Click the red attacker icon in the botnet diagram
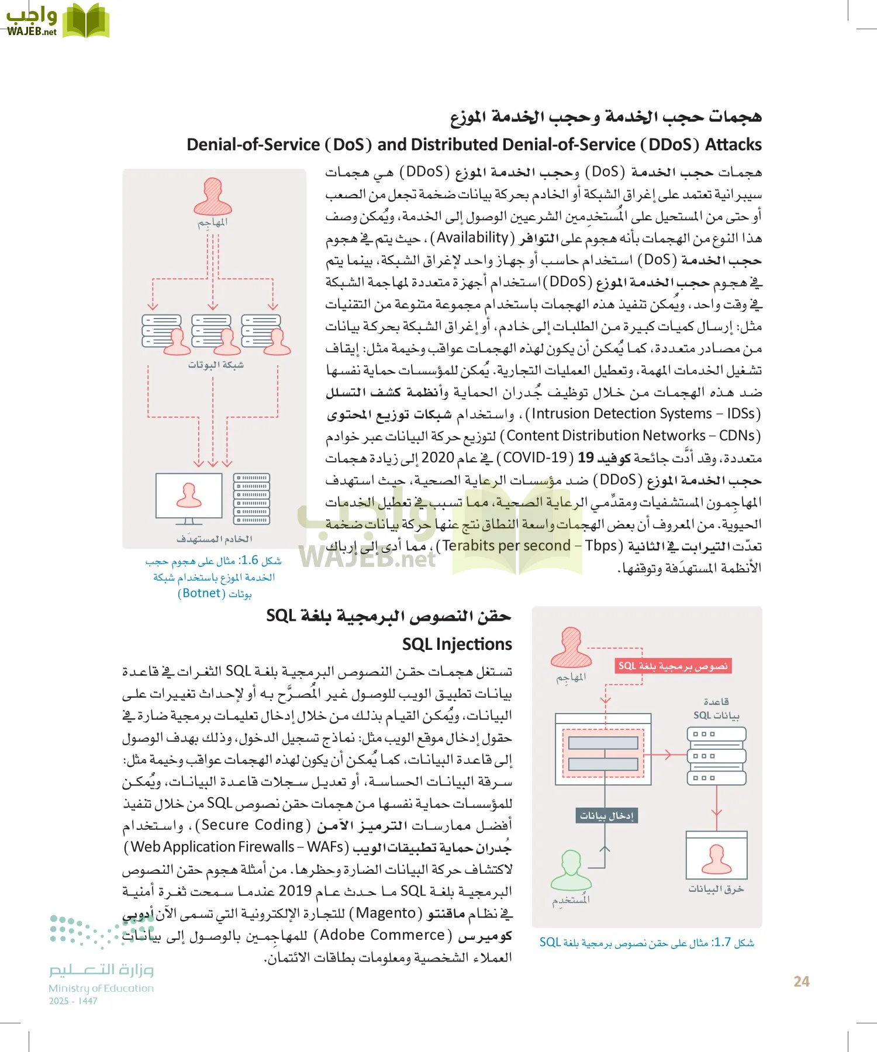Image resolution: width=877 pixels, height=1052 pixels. [213, 197]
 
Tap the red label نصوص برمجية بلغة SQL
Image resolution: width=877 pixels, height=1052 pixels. [672, 666]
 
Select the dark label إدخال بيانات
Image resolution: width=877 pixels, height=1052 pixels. [606, 815]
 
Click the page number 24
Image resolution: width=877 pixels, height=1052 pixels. [801, 981]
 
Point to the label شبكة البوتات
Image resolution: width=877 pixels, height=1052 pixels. [215, 365]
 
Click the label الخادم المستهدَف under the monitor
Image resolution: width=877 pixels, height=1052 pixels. [214, 539]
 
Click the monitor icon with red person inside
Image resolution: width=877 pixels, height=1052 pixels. [189, 496]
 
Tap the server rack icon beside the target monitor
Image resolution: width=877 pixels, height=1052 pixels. [251, 499]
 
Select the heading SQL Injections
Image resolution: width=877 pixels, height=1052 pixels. [457, 644]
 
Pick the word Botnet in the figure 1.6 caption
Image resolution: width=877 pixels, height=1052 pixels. [201, 593]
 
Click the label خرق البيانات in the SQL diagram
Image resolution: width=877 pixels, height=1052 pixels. [716, 889]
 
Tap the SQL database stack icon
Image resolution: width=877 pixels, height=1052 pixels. [716, 756]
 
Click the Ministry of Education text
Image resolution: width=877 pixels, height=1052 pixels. [101, 988]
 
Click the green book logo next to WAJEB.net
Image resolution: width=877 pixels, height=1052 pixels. [86, 22]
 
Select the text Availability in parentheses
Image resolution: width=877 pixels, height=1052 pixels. [472, 238]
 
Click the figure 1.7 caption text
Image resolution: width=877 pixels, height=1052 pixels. [647, 942]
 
